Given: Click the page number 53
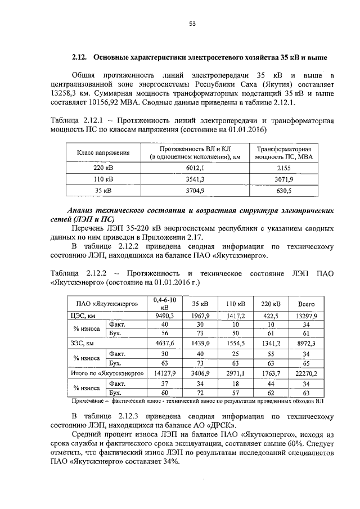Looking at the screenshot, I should (x=191, y=23).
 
